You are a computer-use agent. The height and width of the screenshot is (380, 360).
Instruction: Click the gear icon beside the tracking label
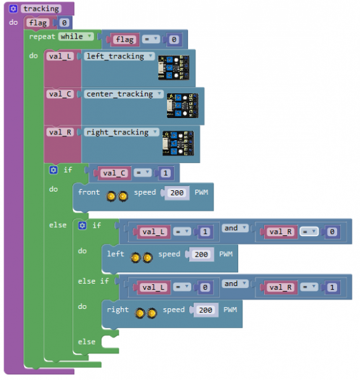[x=13, y=9]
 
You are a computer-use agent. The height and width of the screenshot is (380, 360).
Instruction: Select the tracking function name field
[x=41, y=9]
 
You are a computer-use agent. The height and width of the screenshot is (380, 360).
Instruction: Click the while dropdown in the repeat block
[x=76, y=37]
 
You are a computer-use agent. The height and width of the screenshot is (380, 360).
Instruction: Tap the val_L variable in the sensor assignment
[x=60, y=56]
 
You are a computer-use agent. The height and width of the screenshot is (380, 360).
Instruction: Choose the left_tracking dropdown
[x=119, y=56]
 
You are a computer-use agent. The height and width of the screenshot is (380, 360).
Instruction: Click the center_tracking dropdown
[x=124, y=94]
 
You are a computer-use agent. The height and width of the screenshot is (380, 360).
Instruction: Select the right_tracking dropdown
[x=121, y=132]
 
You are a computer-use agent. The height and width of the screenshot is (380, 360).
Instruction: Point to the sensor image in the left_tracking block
[x=174, y=68]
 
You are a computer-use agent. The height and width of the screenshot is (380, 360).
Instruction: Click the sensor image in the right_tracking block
[x=178, y=143]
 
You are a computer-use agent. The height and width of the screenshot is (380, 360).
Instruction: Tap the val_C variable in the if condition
[x=114, y=173]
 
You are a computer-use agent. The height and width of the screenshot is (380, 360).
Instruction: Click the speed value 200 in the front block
[x=177, y=193]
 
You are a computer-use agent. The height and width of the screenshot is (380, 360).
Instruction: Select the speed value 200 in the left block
[x=201, y=254]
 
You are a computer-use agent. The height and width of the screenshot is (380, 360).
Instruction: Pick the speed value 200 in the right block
[x=206, y=310]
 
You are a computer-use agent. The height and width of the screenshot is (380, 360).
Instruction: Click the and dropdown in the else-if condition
[x=235, y=284]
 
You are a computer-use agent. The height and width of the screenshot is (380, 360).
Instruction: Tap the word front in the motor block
[x=89, y=192]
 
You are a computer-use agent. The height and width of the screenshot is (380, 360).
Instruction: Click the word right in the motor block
[x=118, y=310]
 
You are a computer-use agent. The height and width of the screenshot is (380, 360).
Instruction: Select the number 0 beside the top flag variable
[x=64, y=23]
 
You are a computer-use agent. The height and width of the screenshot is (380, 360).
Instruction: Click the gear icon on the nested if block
[x=83, y=226]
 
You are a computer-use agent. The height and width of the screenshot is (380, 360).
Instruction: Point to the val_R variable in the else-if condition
[x=281, y=287]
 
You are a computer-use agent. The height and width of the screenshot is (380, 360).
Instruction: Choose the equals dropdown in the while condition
[x=150, y=39]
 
